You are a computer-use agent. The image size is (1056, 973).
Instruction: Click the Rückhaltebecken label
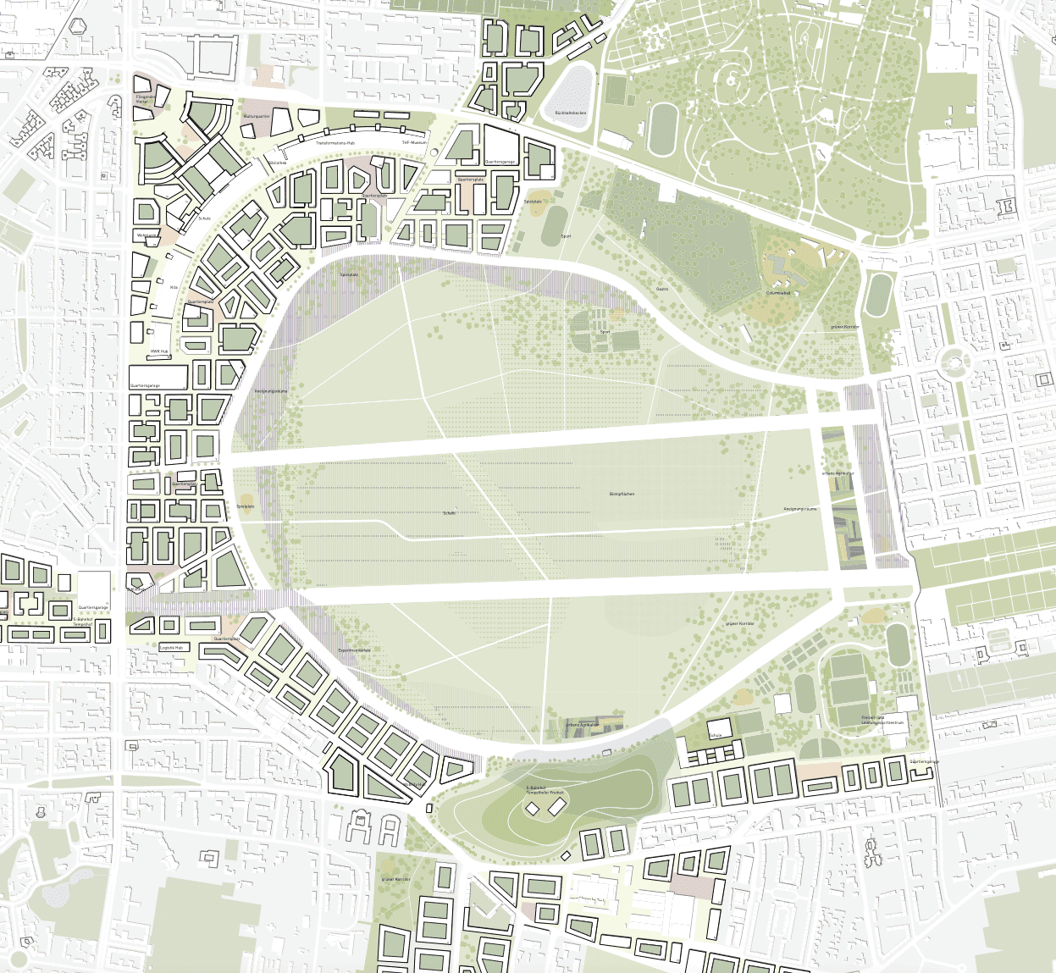click(x=570, y=113)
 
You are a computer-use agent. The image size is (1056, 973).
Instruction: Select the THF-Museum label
click(x=414, y=143)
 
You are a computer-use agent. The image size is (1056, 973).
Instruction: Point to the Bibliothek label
click(x=277, y=162)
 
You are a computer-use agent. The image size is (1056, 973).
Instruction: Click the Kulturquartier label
click(x=257, y=115)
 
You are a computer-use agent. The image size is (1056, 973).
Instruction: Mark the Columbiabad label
click(x=777, y=293)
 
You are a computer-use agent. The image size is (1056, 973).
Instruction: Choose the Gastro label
click(x=661, y=288)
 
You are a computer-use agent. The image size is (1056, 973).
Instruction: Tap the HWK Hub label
click(x=160, y=351)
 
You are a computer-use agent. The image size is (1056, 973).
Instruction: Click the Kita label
click(x=174, y=287)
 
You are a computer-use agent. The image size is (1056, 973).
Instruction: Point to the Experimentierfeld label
click(x=354, y=650)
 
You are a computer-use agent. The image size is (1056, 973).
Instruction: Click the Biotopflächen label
click(x=622, y=494)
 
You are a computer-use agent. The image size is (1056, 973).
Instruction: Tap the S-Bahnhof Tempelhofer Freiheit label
click(x=545, y=790)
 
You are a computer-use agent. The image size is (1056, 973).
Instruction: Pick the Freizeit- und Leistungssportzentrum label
click(x=883, y=721)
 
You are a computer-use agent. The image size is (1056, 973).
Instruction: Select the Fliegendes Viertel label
click(x=147, y=99)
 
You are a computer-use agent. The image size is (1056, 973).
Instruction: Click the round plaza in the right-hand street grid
click(x=954, y=364)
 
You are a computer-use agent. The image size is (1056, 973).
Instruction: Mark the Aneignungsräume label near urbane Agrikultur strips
click(x=799, y=509)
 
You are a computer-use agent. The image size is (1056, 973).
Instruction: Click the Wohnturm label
click(x=147, y=235)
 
